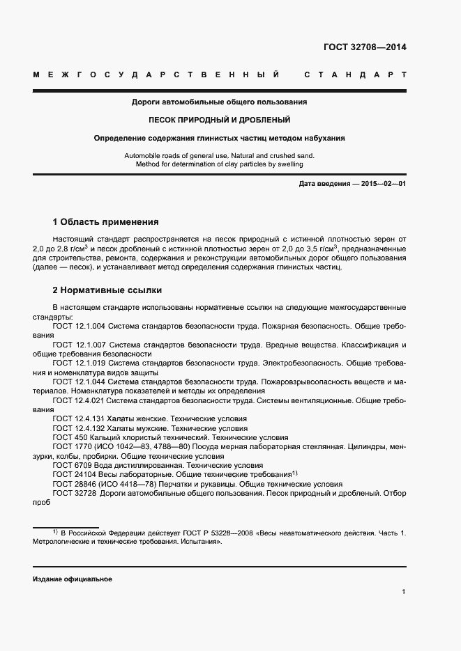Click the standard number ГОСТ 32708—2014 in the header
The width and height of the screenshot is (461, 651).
click(364, 48)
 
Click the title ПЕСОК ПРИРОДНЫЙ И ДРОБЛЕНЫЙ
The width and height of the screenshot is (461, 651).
click(219, 120)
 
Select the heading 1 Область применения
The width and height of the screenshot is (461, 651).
click(106, 222)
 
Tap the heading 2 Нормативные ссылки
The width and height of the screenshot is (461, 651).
click(107, 290)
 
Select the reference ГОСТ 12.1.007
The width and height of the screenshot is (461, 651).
click(79, 345)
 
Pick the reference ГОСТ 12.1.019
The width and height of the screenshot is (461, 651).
click(79, 363)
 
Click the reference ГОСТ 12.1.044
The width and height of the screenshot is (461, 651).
click(79, 382)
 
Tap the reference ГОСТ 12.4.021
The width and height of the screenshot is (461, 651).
click(79, 401)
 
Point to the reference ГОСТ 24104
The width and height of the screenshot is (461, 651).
click(75, 475)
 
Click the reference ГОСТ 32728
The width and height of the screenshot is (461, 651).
click(75, 494)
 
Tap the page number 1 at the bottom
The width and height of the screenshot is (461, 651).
click(404, 591)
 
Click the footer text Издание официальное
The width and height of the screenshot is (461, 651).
click(73, 579)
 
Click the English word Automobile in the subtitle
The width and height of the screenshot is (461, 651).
click(142, 156)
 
